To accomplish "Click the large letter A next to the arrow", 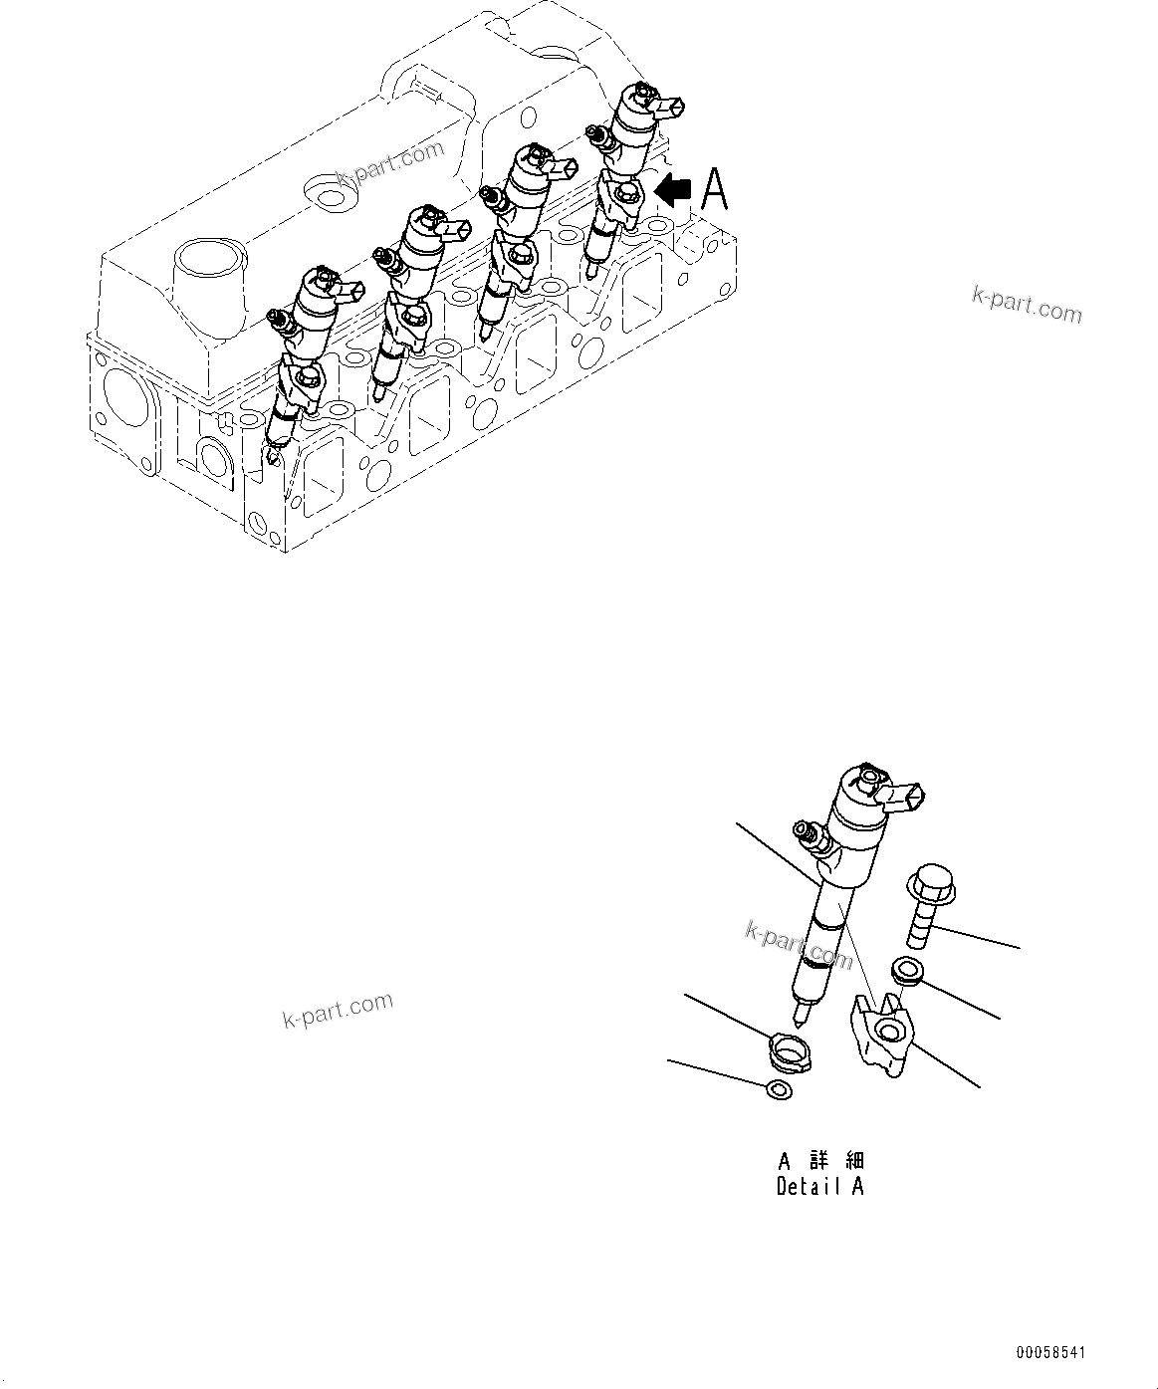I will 715,190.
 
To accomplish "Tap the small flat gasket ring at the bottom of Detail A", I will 780,1090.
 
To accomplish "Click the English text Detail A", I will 819,1187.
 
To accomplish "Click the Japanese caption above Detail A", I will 821,1161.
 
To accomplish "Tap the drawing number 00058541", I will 1050,1353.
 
